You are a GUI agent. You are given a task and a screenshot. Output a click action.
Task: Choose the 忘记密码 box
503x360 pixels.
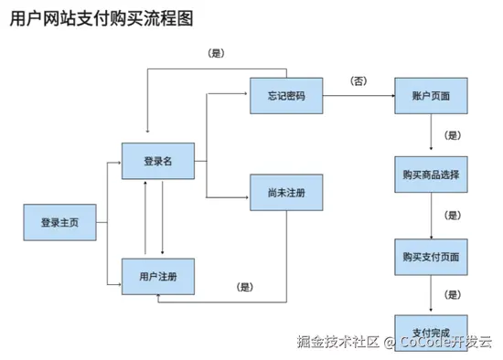pos(286,96)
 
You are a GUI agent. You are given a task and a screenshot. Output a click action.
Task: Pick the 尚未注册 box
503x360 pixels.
pos(286,193)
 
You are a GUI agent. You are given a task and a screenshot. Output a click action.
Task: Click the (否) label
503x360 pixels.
pos(359,81)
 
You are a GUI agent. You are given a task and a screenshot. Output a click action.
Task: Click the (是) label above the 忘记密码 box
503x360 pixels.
pos(217,53)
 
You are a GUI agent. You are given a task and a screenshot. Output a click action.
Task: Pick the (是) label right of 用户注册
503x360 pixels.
pos(244,287)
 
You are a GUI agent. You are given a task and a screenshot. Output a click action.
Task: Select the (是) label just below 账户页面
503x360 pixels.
pos(452,135)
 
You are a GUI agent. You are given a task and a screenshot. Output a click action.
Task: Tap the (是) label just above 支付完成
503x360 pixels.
pos(452,294)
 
